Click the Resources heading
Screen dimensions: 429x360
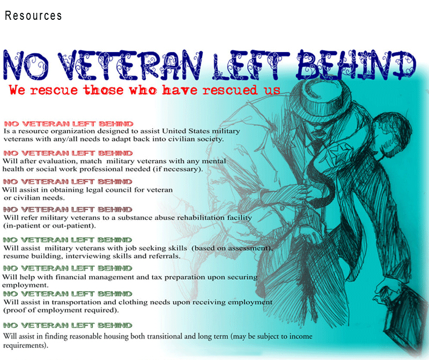coord(33,16)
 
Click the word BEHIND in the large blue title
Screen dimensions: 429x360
coord(356,65)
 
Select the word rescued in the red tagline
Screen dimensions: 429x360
coord(230,90)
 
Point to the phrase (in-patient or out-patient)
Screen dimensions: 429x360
coord(49,226)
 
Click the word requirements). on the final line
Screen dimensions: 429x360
coord(26,346)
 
